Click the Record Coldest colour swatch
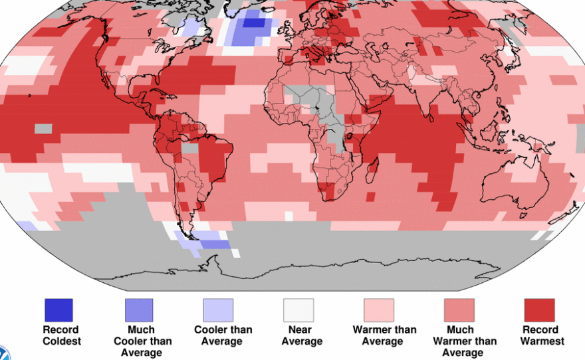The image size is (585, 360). click(58, 310)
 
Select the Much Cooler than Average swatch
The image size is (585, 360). click(138, 310)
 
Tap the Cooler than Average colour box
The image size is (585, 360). click(218, 310)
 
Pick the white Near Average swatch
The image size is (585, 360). click(298, 310)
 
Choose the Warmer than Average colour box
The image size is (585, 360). click(378, 310)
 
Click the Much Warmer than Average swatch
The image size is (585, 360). click(459, 310)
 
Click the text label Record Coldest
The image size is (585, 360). click(61, 335)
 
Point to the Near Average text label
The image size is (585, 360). click(301, 335)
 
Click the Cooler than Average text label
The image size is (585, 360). click(222, 335)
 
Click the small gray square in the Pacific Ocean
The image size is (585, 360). click(43, 128)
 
